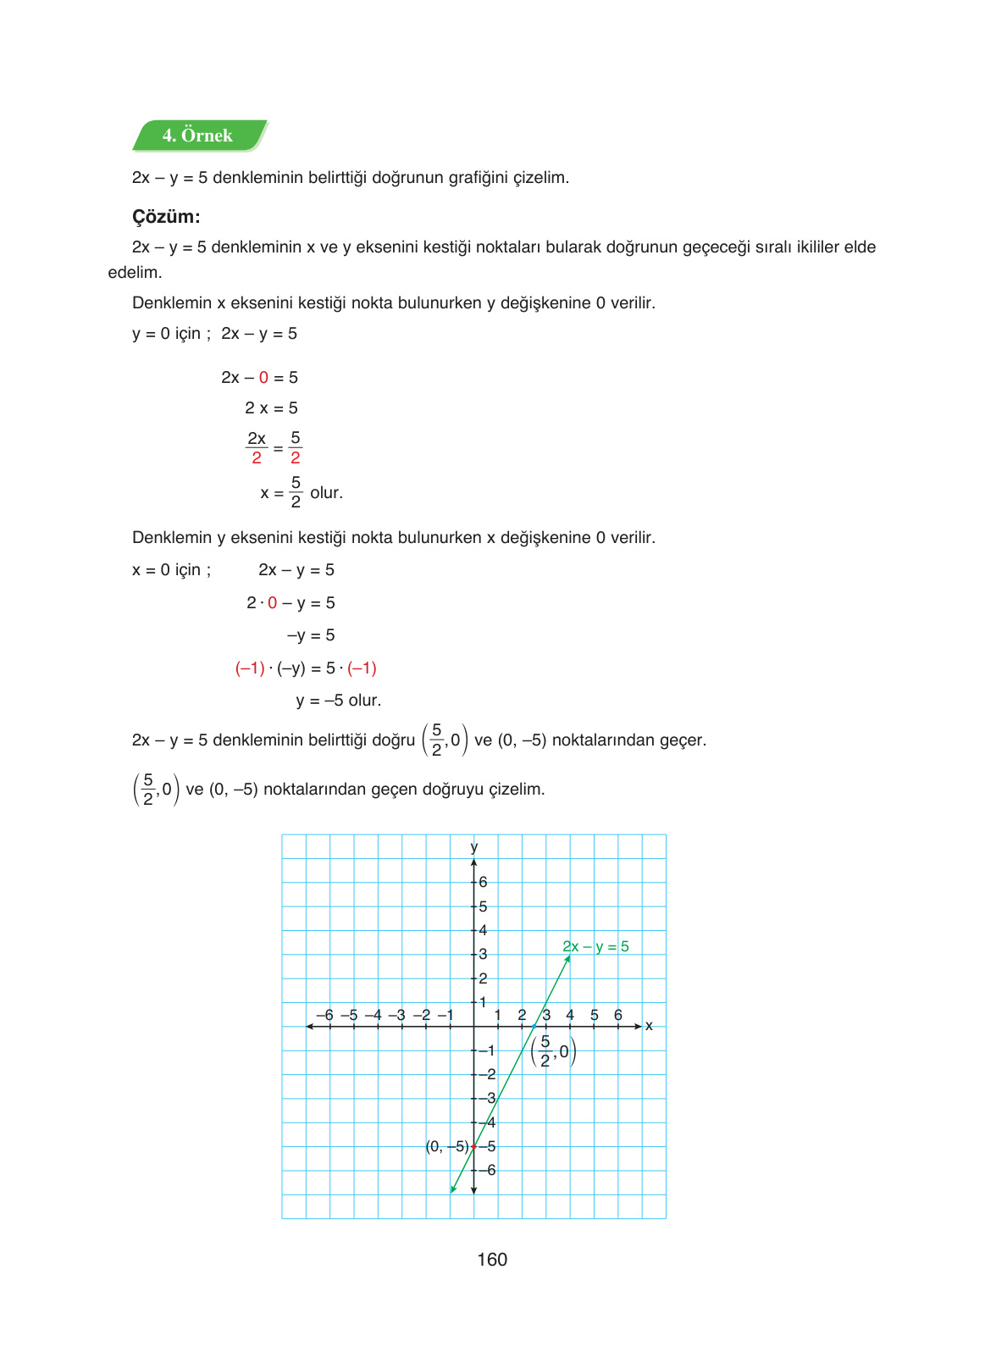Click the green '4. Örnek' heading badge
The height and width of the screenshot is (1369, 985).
(198, 136)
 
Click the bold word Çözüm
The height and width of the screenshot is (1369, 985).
(166, 217)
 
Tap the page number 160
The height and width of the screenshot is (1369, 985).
(491, 1260)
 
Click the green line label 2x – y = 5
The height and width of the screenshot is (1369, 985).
(595, 946)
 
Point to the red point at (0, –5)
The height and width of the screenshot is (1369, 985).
(474, 1146)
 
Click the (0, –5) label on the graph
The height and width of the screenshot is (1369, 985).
(446, 1146)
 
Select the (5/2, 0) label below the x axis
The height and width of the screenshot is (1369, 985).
(553, 1051)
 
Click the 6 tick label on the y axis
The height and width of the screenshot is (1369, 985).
(483, 882)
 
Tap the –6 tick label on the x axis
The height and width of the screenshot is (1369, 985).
(324, 1015)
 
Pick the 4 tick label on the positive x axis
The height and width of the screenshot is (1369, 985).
(570, 1015)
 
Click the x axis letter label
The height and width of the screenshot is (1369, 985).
(649, 1026)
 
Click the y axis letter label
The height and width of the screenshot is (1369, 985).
(474, 847)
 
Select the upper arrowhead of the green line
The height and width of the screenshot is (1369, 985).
(567, 958)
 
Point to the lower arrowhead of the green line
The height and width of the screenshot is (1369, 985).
(453, 1189)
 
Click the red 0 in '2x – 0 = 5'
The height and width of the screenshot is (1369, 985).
(263, 378)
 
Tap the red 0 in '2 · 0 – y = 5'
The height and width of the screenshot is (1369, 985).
(272, 603)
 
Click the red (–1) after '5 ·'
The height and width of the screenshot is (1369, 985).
(362, 668)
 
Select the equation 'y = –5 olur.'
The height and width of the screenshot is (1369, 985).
(339, 701)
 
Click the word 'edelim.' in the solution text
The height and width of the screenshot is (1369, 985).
(135, 273)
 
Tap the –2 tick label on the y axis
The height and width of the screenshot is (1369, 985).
(486, 1074)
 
